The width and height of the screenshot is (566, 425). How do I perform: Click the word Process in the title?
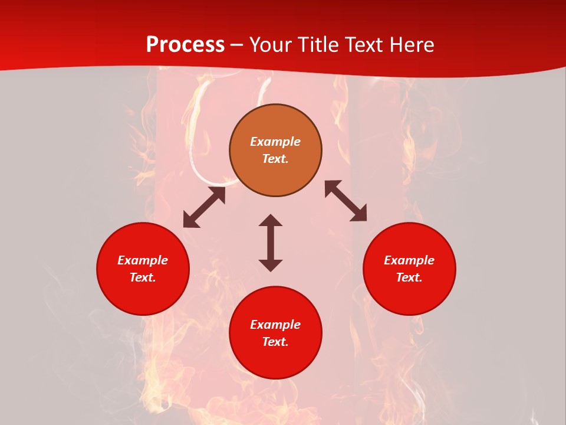185,45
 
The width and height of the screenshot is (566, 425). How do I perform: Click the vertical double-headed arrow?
271,243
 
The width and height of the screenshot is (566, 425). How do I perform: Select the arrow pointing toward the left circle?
204,207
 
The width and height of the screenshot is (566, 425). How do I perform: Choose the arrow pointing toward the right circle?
345,201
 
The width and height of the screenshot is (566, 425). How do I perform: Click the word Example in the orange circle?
275,142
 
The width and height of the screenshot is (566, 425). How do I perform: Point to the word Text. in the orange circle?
275,159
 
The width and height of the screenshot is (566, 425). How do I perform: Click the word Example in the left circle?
143,260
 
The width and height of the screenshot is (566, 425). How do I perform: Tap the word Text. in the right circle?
409,277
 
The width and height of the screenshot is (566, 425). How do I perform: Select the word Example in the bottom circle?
275,325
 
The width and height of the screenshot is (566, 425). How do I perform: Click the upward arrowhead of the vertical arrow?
271,220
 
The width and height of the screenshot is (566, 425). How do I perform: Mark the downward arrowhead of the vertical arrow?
271,265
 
